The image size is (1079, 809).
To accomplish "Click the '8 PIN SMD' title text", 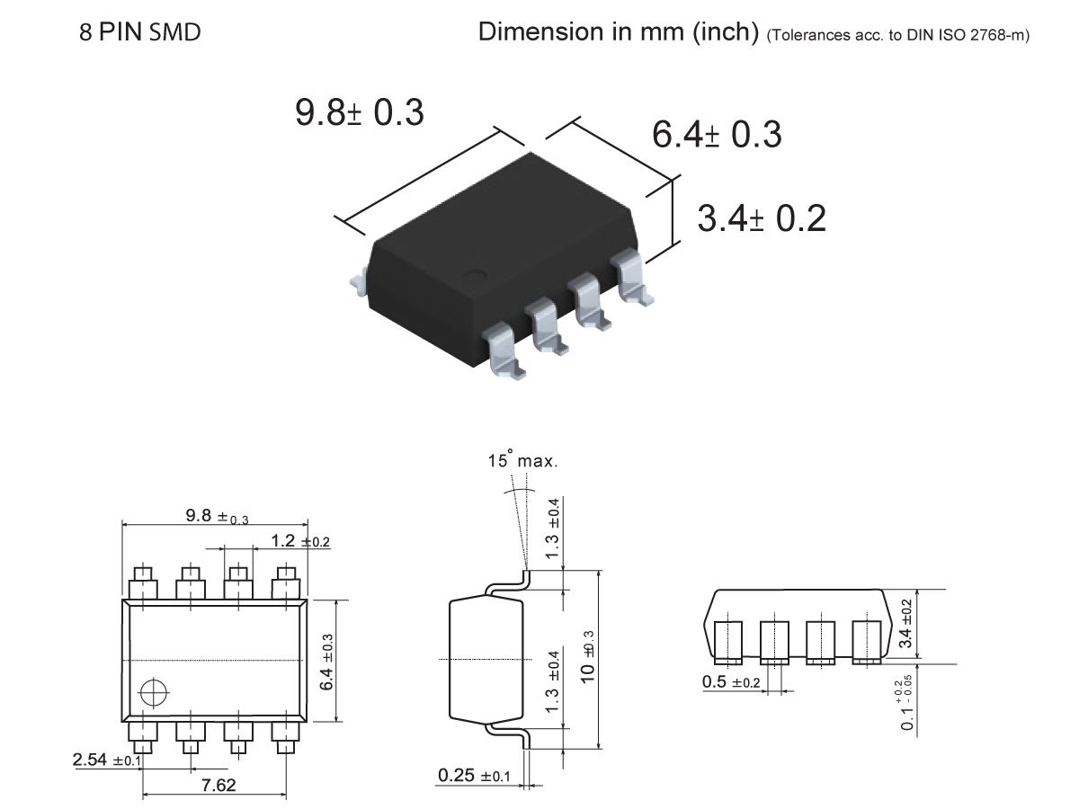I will [x=140, y=33].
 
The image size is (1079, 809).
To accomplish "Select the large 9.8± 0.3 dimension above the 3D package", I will [x=360, y=112].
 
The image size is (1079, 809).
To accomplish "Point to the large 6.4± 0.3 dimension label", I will [x=717, y=135].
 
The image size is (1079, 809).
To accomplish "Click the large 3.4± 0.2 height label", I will [x=762, y=218].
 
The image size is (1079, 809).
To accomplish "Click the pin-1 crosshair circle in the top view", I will [x=154, y=693].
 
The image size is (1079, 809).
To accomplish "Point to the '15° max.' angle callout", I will [x=523, y=462].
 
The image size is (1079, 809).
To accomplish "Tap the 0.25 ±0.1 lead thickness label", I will [x=474, y=776].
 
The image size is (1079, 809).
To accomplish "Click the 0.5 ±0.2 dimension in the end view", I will [x=731, y=681].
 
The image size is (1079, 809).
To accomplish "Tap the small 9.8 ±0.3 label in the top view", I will [x=217, y=516].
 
